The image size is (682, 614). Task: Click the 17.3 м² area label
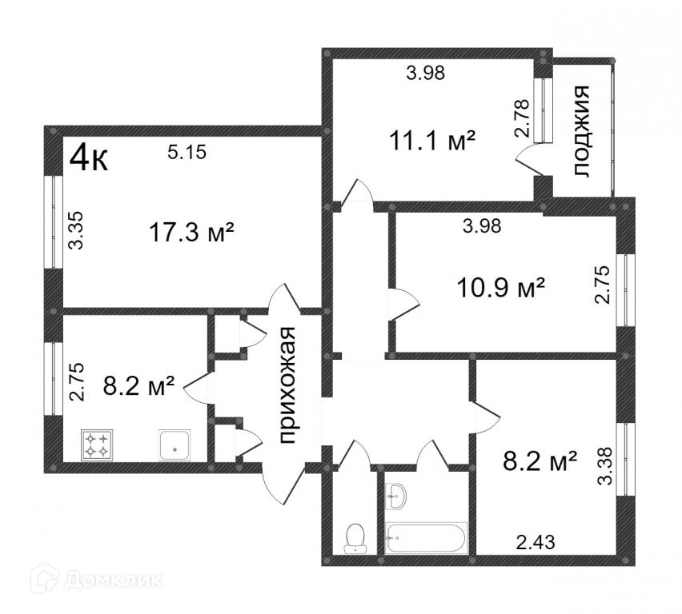pyautogui.click(x=191, y=233)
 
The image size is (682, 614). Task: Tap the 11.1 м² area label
pyautogui.click(x=432, y=141)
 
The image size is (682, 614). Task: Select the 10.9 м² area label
pyautogui.click(x=500, y=285)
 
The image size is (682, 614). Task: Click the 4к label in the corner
pyautogui.click(x=88, y=157)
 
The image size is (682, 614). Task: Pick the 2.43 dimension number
pyautogui.click(x=536, y=543)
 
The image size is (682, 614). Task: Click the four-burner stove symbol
pyautogui.click(x=98, y=445)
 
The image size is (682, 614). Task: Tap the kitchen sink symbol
pyautogui.click(x=174, y=445)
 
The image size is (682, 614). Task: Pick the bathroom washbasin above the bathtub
pyautogui.click(x=395, y=496)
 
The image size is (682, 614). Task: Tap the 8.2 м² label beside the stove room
pyautogui.click(x=139, y=388)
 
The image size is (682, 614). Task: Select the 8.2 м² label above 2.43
pyautogui.click(x=540, y=462)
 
